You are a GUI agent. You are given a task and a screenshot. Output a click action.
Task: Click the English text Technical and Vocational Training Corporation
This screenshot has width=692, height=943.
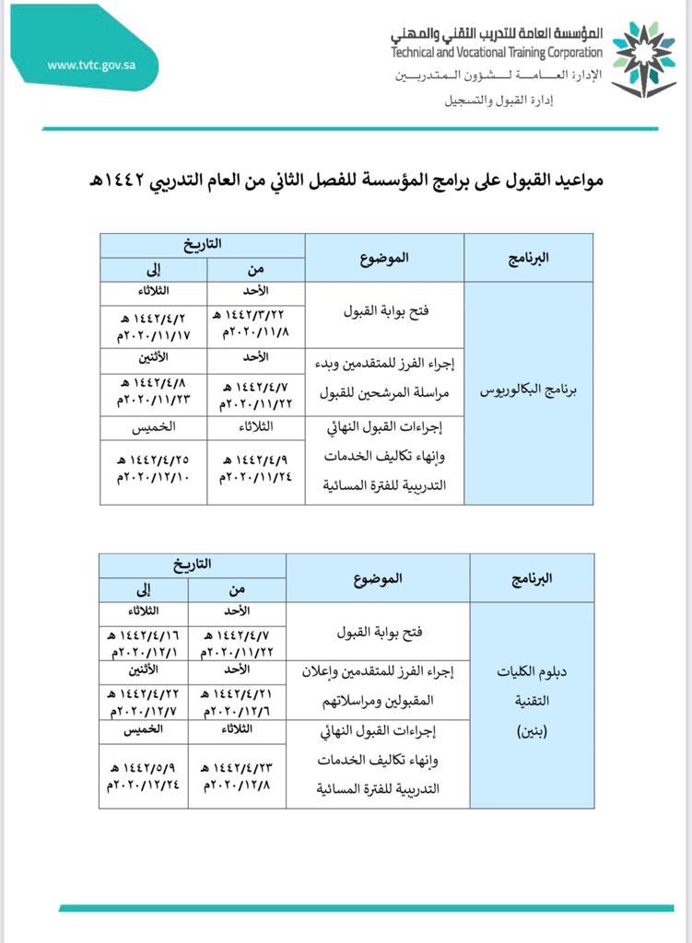point(496,52)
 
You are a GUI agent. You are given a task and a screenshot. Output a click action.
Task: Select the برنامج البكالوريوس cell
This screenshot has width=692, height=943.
point(528,390)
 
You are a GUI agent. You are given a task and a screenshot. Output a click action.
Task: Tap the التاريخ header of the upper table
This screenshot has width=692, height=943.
point(202,245)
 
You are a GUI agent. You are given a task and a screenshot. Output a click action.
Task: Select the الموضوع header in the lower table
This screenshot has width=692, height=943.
point(378,578)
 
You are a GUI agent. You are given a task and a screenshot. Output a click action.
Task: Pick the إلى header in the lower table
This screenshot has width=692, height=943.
point(143,590)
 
